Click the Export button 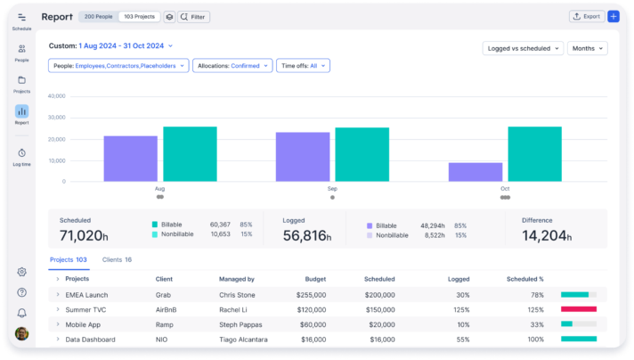point(586,16)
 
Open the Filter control point(193,16)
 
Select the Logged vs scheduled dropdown point(523,48)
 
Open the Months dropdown point(587,48)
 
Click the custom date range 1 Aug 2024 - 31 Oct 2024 point(125,45)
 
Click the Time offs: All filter point(303,65)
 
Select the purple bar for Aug point(131,159)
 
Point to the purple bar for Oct point(475,172)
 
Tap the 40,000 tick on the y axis point(56,96)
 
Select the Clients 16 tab point(117,259)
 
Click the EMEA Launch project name point(86,294)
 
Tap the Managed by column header point(237,279)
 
